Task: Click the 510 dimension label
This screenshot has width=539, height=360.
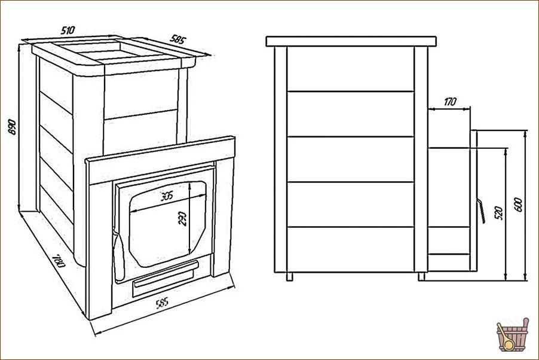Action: [68, 30]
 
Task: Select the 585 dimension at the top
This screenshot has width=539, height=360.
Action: [178, 39]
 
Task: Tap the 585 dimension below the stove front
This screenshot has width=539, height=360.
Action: [163, 303]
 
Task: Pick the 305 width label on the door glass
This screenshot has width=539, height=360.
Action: [167, 196]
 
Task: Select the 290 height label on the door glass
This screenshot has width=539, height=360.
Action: [182, 218]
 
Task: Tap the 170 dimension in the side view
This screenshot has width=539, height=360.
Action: [450, 102]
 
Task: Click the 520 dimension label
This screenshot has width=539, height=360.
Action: [500, 213]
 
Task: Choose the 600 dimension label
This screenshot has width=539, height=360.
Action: [519, 205]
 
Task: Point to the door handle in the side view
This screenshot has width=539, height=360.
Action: [481, 210]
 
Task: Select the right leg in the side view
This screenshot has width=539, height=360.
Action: [421, 276]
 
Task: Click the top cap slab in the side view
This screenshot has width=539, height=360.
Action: [351, 41]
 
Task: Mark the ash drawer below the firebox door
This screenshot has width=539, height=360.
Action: [166, 274]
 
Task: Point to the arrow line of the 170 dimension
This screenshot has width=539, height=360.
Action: [449, 109]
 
